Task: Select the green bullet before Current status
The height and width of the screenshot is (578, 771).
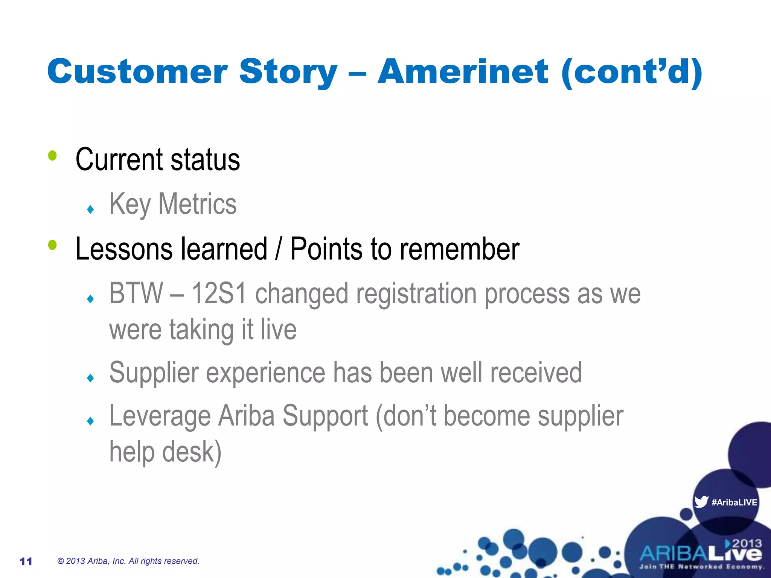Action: (x=52, y=155)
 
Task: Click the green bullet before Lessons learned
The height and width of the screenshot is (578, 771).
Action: (x=52, y=245)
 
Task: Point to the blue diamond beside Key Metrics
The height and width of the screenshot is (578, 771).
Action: (x=90, y=209)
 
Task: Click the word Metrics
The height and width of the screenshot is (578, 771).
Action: (x=197, y=204)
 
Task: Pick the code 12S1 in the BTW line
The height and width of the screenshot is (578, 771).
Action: (x=219, y=294)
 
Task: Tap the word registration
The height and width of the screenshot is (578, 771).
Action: (x=416, y=294)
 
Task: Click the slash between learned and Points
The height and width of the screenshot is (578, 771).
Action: (x=278, y=249)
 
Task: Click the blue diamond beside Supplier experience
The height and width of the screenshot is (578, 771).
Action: (x=90, y=377)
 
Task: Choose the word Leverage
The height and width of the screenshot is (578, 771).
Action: (x=160, y=416)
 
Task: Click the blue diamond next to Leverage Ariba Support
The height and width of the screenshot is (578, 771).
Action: (x=90, y=421)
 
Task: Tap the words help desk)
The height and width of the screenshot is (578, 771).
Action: (x=165, y=452)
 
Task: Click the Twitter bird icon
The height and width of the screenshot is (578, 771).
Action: (x=701, y=502)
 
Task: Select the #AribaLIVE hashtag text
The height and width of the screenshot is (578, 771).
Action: (x=734, y=502)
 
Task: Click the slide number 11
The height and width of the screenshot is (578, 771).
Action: (x=26, y=561)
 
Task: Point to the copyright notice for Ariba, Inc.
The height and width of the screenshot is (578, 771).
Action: (x=128, y=561)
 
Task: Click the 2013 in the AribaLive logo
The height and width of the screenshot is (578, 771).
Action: (x=747, y=543)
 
